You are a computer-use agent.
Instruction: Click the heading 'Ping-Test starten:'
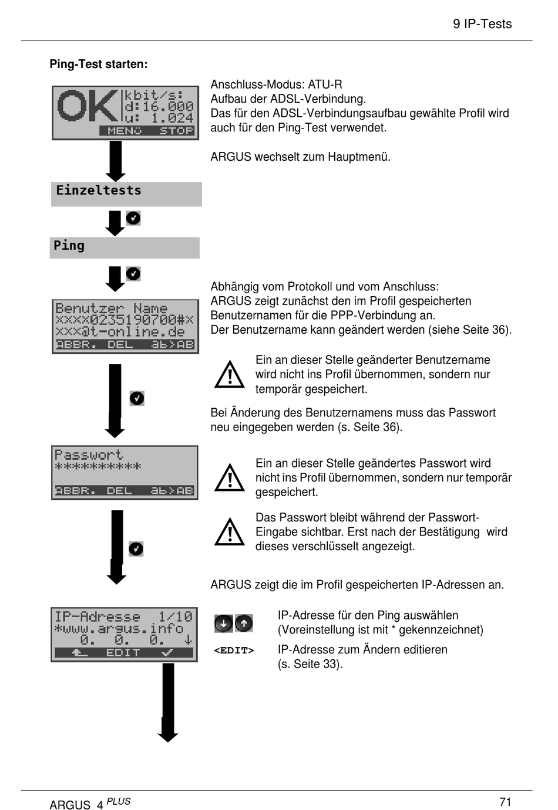(99, 64)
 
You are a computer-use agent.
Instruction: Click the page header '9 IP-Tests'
(482, 24)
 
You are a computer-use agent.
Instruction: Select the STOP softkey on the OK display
(176, 131)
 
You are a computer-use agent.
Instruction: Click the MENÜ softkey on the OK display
(125, 131)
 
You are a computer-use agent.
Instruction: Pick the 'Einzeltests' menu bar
(126, 194)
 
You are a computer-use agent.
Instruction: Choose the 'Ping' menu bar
(124, 247)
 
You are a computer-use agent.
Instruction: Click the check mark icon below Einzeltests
(133, 218)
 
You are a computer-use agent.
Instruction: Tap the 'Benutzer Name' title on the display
(111, 309)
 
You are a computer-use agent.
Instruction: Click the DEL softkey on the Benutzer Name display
(120, 345)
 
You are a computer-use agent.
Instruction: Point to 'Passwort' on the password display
(89, 455)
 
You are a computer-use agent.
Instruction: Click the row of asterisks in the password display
(98, 467)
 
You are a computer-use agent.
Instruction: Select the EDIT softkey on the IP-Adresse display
(123, 653)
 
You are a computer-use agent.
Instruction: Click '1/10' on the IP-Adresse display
(175, 616)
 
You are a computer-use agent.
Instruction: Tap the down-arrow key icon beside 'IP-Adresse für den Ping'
(224, 623)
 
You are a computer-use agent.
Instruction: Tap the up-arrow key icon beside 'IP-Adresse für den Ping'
(244, 623)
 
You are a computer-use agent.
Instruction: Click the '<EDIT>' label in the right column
(234, 650)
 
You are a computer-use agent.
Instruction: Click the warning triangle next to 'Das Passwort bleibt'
(230, 532)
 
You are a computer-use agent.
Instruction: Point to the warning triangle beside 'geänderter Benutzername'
(230, 375)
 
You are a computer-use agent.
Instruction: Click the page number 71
(505, 802)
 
